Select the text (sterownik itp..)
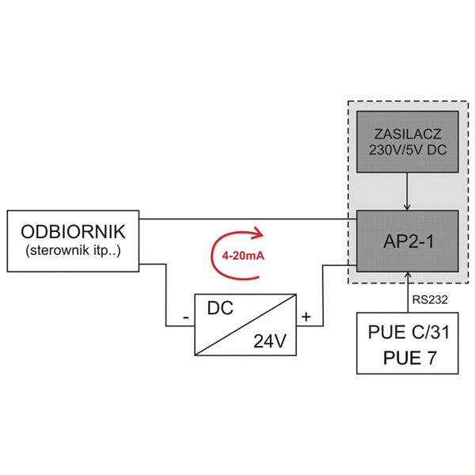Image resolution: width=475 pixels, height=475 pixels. [x=72, y=253]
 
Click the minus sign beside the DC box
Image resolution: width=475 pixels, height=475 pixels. [x=185, y=319]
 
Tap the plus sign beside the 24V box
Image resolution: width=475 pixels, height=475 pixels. [x=307, y=319]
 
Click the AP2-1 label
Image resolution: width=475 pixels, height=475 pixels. [x=407, y=241]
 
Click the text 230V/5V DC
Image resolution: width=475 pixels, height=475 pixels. [x=407, y=149]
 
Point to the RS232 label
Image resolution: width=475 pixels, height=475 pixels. [x=428, y=300]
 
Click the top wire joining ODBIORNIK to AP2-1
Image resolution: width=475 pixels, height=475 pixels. [x=245, y=218]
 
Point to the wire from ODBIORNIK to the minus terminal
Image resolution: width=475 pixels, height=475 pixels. [x=165, y=293]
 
